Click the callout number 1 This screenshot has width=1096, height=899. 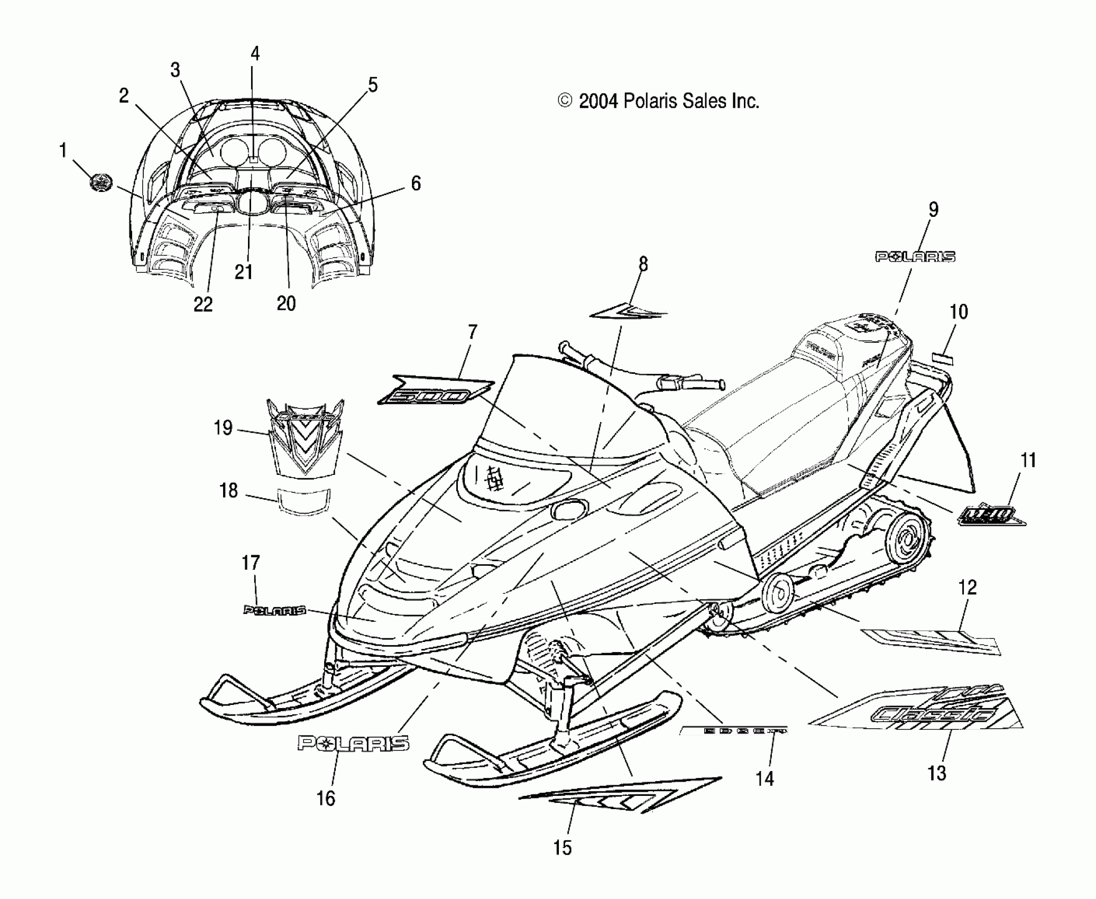pos(63,151)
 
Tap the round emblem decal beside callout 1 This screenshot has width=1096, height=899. pos(100,183)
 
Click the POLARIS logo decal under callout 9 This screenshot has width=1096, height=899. pos(915,257)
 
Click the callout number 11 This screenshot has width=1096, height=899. pos(1027,460)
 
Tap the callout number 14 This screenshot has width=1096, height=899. pos(765,779)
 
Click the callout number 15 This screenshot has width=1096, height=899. pos(563,848)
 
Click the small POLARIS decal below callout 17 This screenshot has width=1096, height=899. pos(274,610)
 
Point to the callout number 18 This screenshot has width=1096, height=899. pos(228,491)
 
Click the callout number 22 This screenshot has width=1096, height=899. pos(203,304)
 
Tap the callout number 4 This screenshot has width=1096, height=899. pos(255,53)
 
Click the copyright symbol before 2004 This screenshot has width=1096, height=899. pos(565,100)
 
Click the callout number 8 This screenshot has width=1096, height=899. pos(643,264)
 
